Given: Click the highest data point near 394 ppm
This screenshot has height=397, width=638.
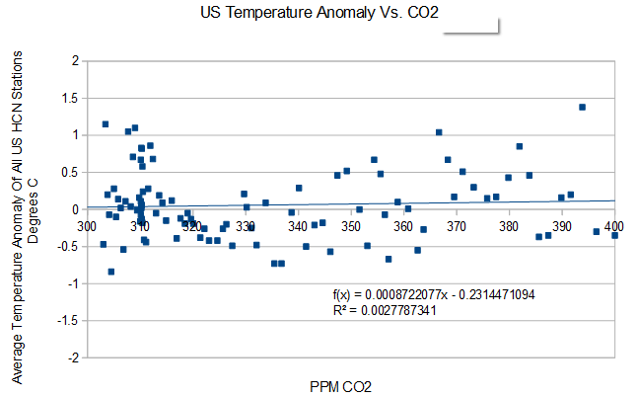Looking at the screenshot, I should click(582, 107).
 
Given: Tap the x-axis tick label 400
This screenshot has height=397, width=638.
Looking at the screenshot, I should click(615, 226).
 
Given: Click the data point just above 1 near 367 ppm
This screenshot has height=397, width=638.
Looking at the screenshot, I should click(439, 132).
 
